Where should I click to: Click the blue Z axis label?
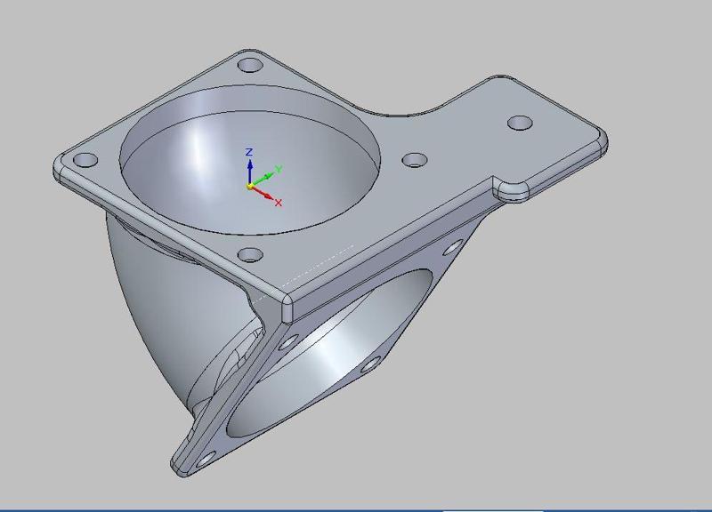pos(250,152)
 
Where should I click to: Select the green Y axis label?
pos(279,169)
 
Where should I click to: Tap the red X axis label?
pos(279,203)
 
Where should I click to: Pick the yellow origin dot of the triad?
pos(249,187)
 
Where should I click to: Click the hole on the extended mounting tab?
pos(519,123)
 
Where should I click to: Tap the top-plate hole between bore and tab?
pos(415,160)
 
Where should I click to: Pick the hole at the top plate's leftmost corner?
pos(86,161)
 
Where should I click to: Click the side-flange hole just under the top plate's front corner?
pos(287,341)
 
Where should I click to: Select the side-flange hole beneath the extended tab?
pos(454,248)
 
